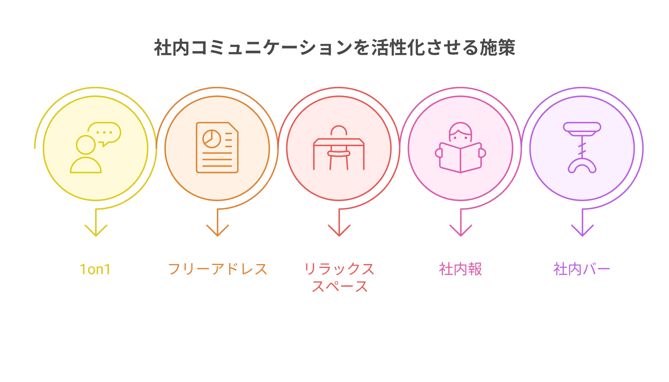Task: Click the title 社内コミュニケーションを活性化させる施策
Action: pyautogui.click(x=334, y=48)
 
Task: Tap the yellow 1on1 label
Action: pyautogui.click(x=95, y=269)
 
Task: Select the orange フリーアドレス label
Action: pyautogui.click(x=217, y=269)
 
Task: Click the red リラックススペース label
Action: pyautogui.click(x=339, y=278)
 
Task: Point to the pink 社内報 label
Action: pyautogui.click(x=460, y=269)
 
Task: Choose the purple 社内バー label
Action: pyautogui.click(x=582, y=269)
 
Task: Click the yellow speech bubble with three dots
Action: pyautogui.click(x=105, y=134)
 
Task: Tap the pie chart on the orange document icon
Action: pyautogui.click(x=212, y=139)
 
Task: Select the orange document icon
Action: pyautogui.click(x=217, y=148)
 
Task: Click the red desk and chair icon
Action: pyautogui.click(x=339, y=148)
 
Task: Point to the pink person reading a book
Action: pyautogui.click(x=460, y=148)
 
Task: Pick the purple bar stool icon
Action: pyautogui.click(x=582, y=148)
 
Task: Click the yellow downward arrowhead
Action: pyautogui.click(x=96, y=230)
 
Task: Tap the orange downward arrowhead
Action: pyautogui.click(x=217, y=230)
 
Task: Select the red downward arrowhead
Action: pyautogui.click(x=339, y=230)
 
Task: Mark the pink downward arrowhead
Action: pyautogui.click(x=461, y=230)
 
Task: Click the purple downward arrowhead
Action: pyautogui.click(x=582, y=230)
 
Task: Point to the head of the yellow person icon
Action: pyautogui.click(x=86, y=145)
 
